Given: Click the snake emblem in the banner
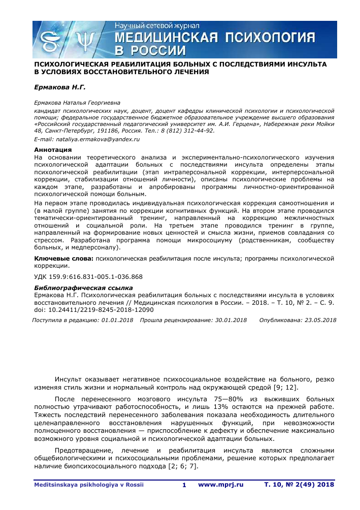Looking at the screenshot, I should point(51,40).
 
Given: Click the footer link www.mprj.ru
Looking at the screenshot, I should point(221,485).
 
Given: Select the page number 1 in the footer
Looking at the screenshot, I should point(184,485).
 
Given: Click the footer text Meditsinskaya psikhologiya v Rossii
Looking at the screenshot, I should point(89,485).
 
